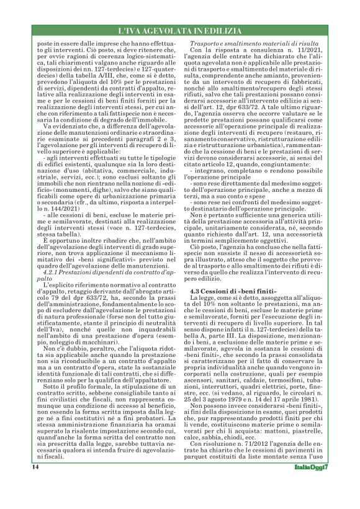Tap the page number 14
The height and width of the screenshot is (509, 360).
point(36,484)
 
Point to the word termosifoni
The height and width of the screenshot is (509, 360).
point(297,401)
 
